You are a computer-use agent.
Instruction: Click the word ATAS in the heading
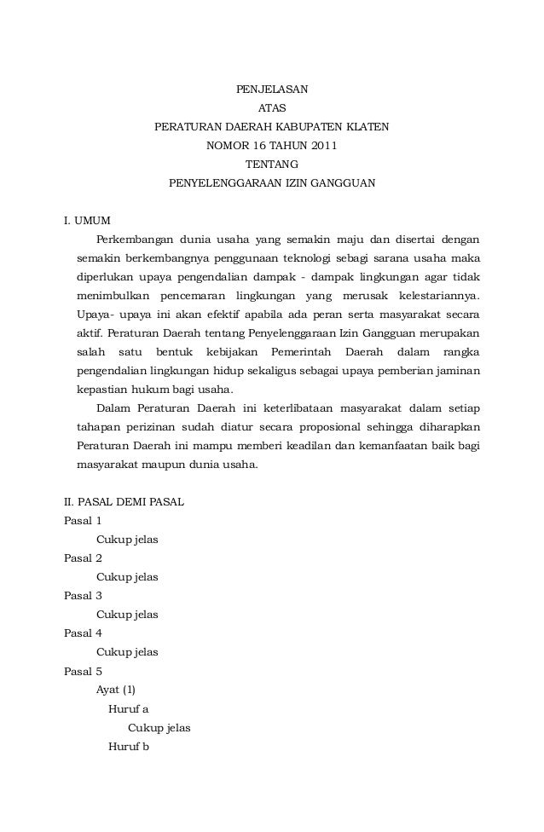(272, 108)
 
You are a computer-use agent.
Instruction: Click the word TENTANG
(272, 165)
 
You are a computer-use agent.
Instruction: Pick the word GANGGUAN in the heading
(342, 183)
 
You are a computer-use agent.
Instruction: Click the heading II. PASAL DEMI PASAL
(124, 502)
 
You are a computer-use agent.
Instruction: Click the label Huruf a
(128, 708)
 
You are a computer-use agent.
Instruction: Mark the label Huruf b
(129, 747)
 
